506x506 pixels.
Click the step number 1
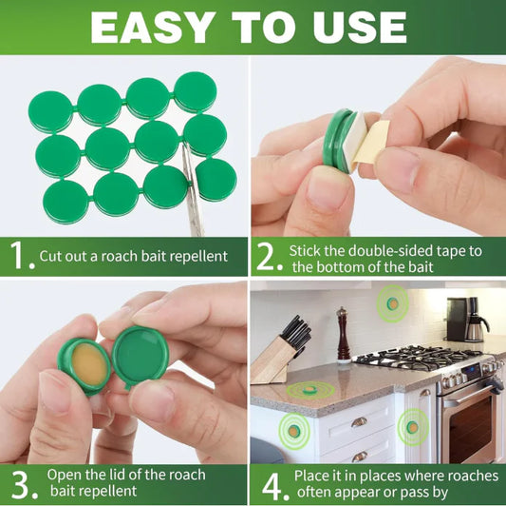point(18,255)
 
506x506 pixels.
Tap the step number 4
point(272,485)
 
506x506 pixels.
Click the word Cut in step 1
point(52,256)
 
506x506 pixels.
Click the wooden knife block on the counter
point(275,358)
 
